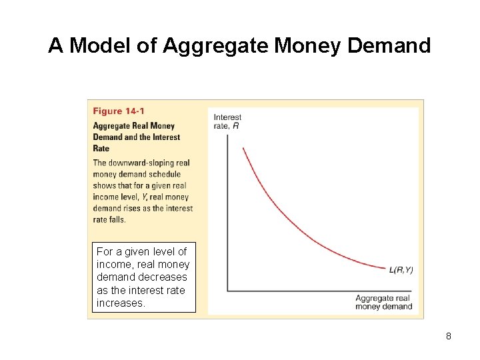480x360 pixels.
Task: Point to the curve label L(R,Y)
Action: pos(401,269)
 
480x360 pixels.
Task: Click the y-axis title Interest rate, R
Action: pos(227,121)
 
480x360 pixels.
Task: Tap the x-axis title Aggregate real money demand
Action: pos(385,302)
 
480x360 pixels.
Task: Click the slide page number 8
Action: pos(449,336)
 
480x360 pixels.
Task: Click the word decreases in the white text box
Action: pos(163,276)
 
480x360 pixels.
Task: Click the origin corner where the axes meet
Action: pos(227,290)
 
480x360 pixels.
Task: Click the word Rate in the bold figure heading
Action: pos(101,148)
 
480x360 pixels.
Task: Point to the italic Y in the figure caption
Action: pos(145,197)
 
